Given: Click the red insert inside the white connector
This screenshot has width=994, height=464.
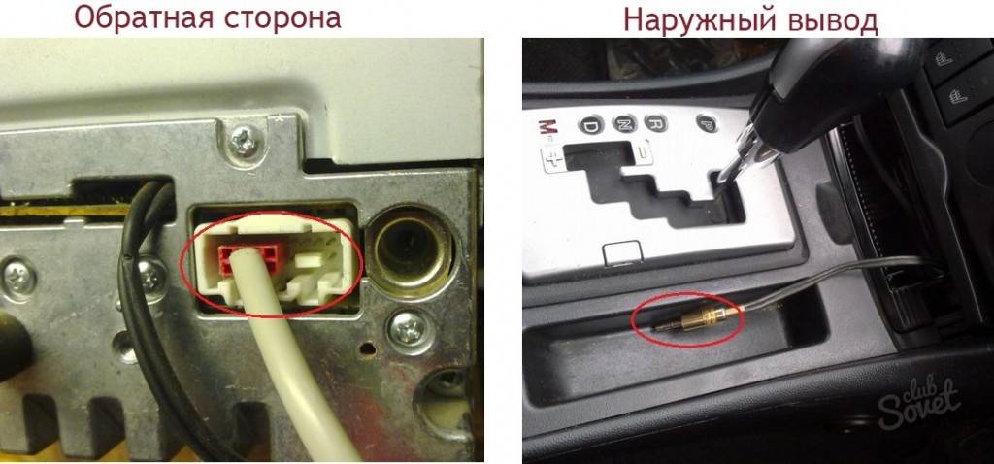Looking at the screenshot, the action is pyautogui.click(x=248, y=258).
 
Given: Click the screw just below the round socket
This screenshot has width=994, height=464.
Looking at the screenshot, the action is pyautogui.click(x=407, y=328).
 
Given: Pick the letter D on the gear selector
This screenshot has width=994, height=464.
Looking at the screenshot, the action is pyautogui.click(x=589, y=125).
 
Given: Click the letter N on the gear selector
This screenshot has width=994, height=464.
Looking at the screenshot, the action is pyautogui.click(x=624, y=123).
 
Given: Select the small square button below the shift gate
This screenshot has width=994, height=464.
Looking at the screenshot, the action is pyautogui.click(x=622, y=253).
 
